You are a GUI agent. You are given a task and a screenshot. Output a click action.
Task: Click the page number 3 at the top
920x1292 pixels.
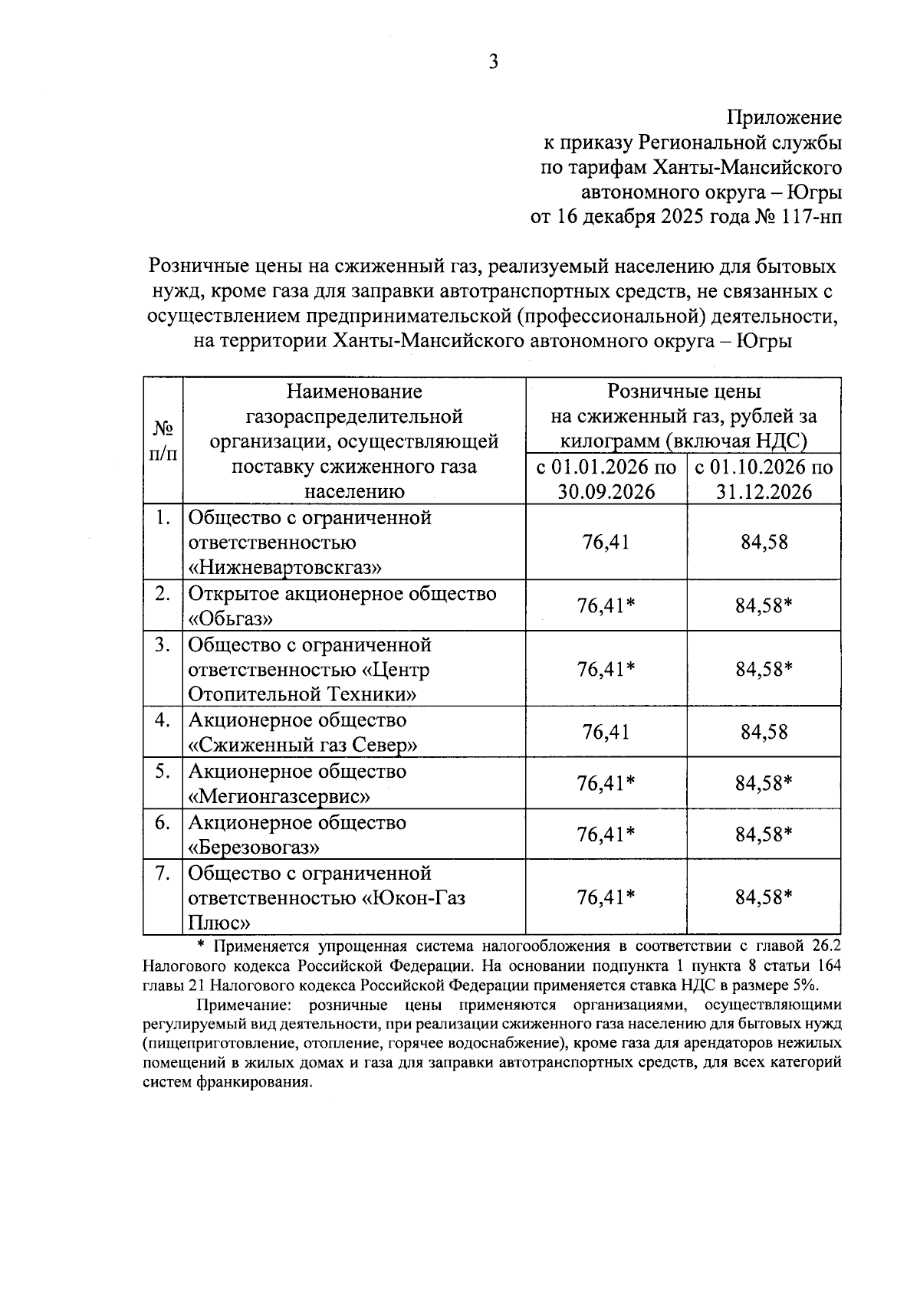[493, 62]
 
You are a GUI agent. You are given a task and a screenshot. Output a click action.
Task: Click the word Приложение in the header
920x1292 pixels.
[784, 118]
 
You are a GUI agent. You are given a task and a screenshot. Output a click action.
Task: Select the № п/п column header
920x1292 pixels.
[162, 441]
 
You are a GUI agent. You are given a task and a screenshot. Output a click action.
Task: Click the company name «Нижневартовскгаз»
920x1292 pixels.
[285, 567]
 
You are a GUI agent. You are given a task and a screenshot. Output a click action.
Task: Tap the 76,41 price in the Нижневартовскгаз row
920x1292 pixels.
[606, 543]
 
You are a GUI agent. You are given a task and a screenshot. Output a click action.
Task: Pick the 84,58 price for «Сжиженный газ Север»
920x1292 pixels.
[764, 732]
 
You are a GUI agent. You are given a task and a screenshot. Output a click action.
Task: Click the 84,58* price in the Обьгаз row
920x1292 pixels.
[764, 605]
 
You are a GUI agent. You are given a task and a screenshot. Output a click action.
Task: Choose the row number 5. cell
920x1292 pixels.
[162, 772]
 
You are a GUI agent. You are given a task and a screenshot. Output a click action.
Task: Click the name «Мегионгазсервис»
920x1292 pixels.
[279, 796]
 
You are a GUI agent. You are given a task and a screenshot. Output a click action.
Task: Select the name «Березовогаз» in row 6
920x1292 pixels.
[254, 847]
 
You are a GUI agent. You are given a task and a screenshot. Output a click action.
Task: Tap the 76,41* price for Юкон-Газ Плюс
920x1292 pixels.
[606, 897]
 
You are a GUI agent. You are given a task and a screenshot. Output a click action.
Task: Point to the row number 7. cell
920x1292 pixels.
[162, 873]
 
